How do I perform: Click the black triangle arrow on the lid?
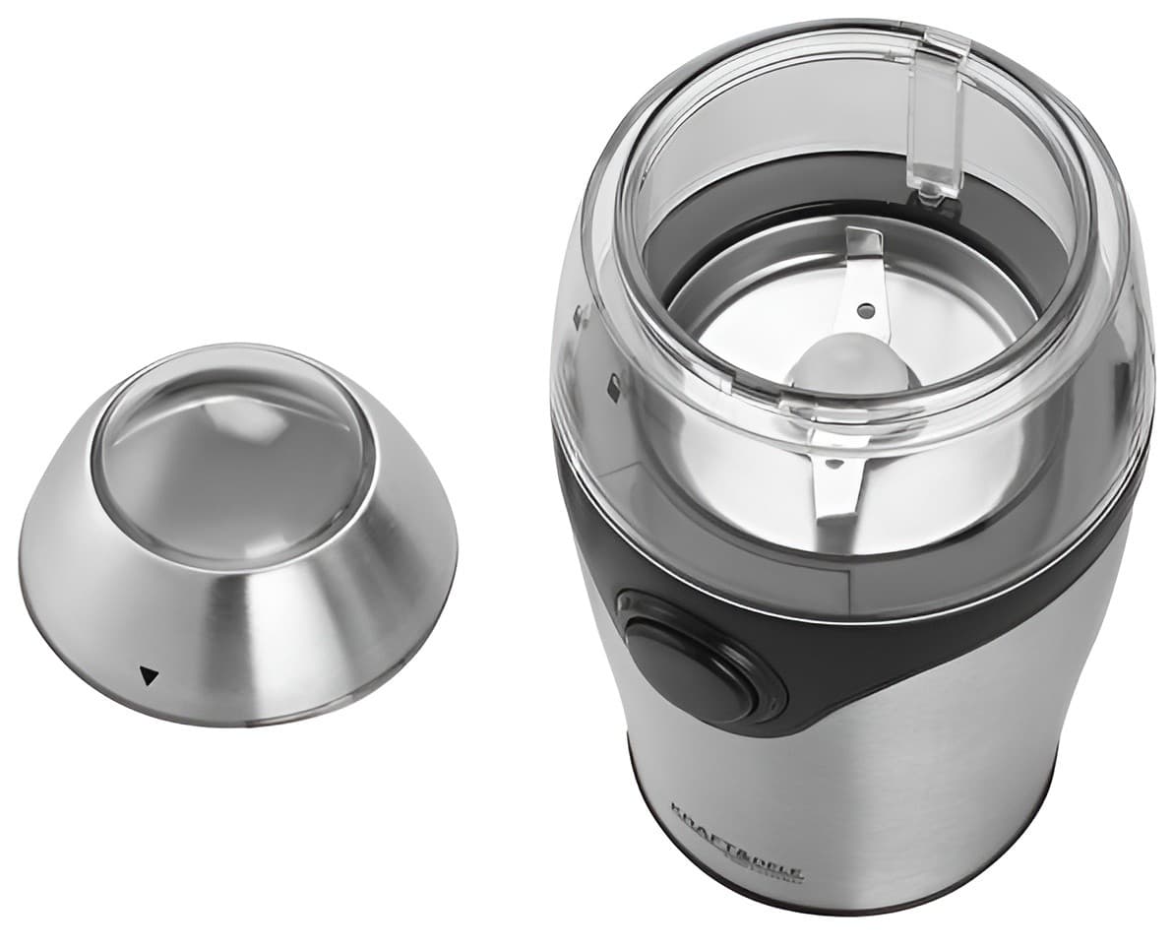point(149,675)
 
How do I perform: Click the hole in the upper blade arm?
point(865,310)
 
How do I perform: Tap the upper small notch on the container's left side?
point(581,317)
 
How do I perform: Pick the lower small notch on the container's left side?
point(613,388)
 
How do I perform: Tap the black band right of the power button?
point(886,650)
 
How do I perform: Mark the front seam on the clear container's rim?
point(836,409)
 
